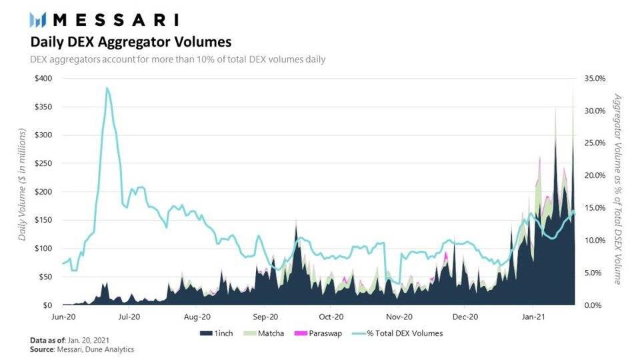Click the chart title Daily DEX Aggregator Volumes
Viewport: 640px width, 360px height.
pyautogui.click(x=131, y=42)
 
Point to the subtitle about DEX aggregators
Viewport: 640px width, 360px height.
pyautogui.click(x=177, y=60)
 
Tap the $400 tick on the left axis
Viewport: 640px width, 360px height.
pyautogui.click(x=43, y=79)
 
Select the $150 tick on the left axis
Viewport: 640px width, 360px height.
pyautogui.click(x=43, y=220)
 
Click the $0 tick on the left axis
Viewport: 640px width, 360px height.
pyautogui.click(x=47, y=305)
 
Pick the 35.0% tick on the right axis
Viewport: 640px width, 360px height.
pyautogui.click(x=595, y=79)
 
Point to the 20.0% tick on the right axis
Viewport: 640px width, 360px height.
pyautogui.click(x=595, y=175)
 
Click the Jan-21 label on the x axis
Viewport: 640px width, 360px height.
pyautogui.click(x=533, y=317)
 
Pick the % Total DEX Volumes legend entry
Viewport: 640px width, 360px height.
pyautogui.click(x=403, y=333)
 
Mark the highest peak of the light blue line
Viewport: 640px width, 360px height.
pyautogui.click(x=107, y=88)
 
